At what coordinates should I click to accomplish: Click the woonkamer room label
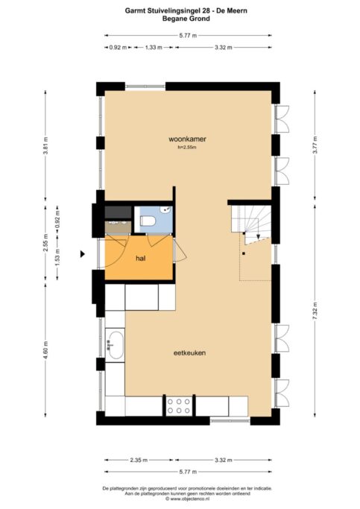pyautogui.click(x=187, y=139)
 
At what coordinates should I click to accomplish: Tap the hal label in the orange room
pyautogui.click(x=139, y=258)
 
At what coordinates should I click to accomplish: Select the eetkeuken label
pyautogui.click(x=190, y=352)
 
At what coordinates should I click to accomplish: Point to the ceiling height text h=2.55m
pyautogui.click(x=187, y=148)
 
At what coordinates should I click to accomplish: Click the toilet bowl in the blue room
pyautogui.click(x=148, y=221)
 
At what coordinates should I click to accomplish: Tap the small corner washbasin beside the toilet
pyautogui.click(x=168, y=211)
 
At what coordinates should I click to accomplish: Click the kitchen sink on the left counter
pyautogui.click(x=116, y=345)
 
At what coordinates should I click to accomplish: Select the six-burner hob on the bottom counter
pyautogui.click(x=180, y=406)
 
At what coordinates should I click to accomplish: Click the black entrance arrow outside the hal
pyautogui.click(x=84, y=254)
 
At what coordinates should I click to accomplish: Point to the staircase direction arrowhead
pyautogui.click(x=258, y=239)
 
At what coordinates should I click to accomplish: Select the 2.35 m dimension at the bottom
pyautogui.click(x=142, y=461)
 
